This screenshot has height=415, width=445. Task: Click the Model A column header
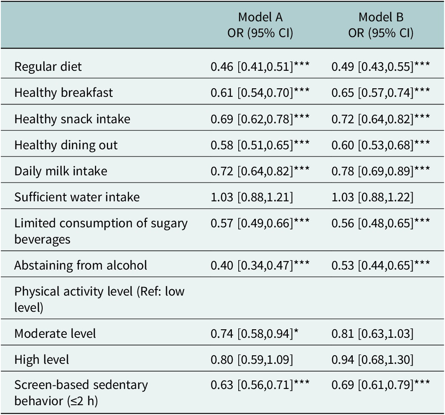pyautogui.click(x=260, y=25)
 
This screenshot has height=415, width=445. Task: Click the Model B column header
pyautogui.click(x=381, y=25)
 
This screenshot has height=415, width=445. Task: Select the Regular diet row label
pyautogui.click(x=48, y=67)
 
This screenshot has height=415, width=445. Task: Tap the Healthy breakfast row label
pyautogui.click(x=64, y=93)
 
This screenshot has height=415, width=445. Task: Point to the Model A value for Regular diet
pyautogui.click(x=260, y=67)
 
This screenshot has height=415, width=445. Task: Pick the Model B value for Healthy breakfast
pyautogui.click(x=381, y=93)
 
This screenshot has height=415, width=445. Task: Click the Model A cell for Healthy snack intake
pyautogui.click(x=260, y=119)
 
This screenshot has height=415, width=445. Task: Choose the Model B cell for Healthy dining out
pyautogui.click(x=381, y=145)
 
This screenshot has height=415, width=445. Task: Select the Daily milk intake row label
pyautogui.click(x=61, y=171)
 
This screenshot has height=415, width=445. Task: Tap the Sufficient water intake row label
pyautogui.click(x=77, y=197)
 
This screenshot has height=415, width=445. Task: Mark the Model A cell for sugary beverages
pyautogui.click(x=260, y=223)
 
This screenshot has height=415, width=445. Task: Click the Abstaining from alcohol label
pyautogui.click(x=81, y=265)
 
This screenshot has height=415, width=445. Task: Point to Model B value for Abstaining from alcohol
pyautogui.click(x=381, y=265)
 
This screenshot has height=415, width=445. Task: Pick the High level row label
pyautogui.click(x=41, y=360)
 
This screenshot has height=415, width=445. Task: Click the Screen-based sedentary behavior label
pyautogui.click(x=81, y=393)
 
